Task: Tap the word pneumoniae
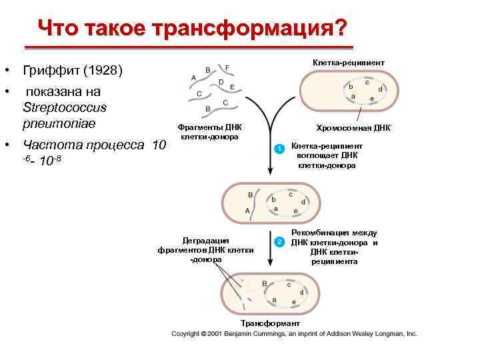(59, 123)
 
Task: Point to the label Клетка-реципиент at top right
(348, 63)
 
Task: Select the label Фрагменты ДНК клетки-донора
(210, 131)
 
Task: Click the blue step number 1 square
(281, 148)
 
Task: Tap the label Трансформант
(265, 323)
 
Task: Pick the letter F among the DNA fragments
(227, 67)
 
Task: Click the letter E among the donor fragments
(231, 87)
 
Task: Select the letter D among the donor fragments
(221, 82)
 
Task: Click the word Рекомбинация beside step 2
(334, 233)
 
